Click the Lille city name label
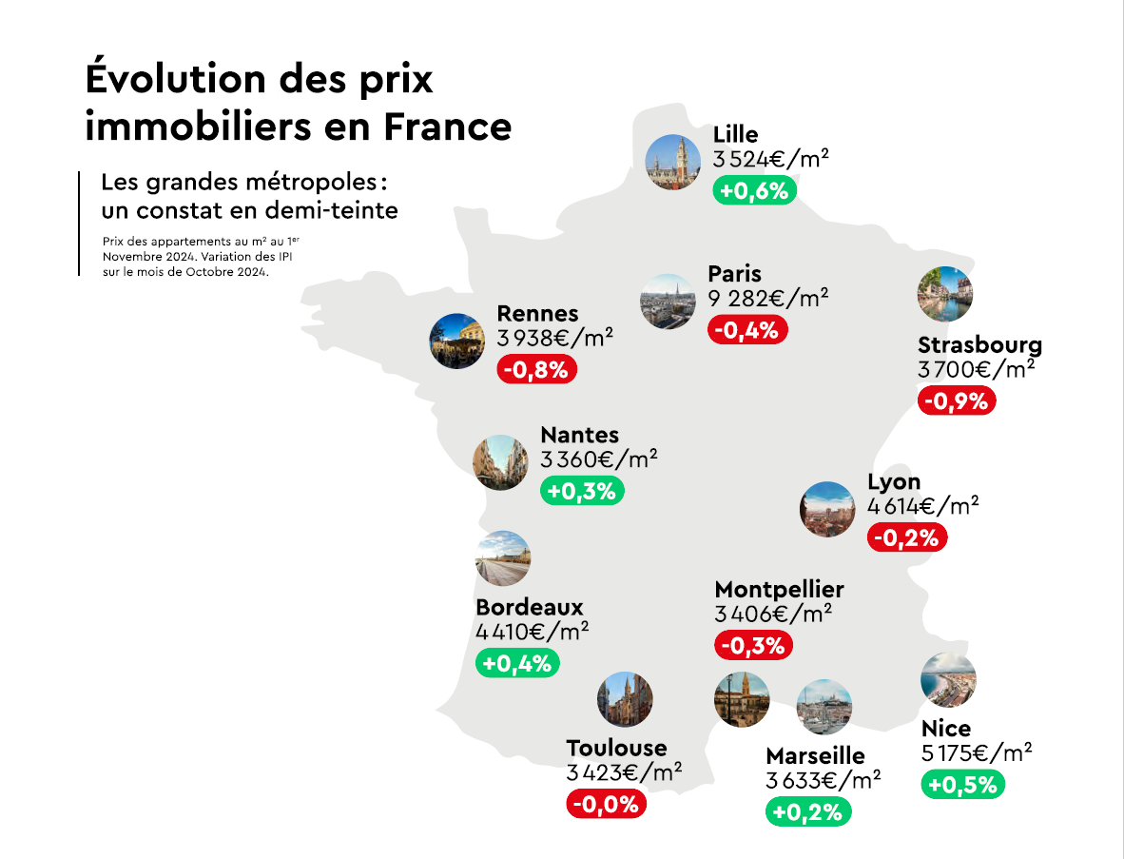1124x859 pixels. (x=736, y=134)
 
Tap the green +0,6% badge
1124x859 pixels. (x=754, y=190)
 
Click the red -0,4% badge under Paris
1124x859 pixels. (x=747, y=330)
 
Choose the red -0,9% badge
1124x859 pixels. (x=957, y=400)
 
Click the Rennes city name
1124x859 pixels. (x=537, y=314)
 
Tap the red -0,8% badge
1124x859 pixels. (x=537, y=369)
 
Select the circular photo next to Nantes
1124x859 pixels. (x=500, y=462)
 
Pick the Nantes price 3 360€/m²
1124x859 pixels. (x=598, y=460)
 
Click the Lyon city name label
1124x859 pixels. (x=894, y=482)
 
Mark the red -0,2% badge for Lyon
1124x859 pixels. (x=907, y=537)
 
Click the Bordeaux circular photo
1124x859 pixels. (x=502, y=558)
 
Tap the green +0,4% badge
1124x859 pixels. (x=517, y=663)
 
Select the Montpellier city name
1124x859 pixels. (x=779, y=590)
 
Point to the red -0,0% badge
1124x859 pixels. (x=607, y=804)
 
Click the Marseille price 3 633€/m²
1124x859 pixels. (x=823, y=781)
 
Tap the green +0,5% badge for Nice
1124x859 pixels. (x=962, y=785)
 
